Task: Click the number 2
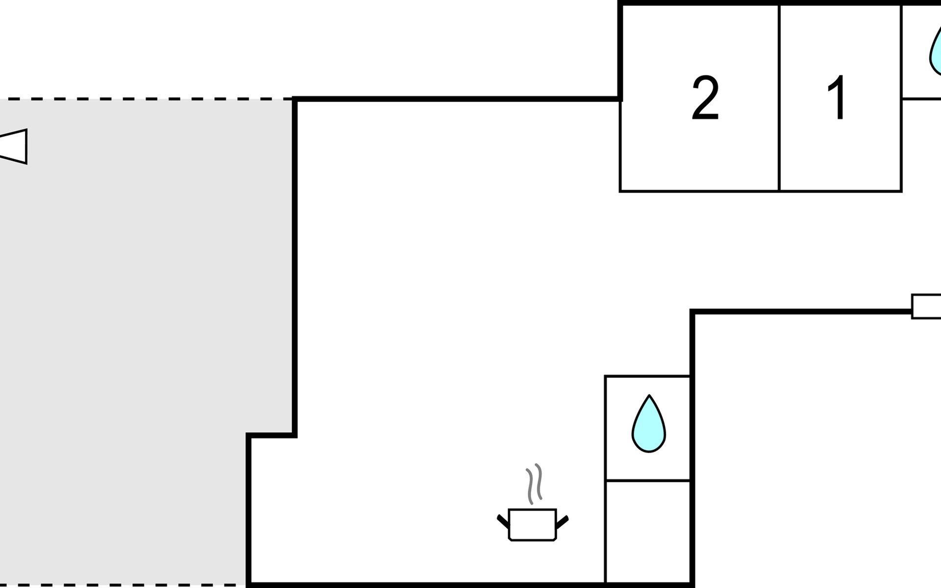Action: pos(705,98)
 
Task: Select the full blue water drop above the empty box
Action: pos(648,425)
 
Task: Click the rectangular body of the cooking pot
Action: pos(532,524)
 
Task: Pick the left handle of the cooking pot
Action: pos(503,521)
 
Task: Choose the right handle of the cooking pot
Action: pos(562,522)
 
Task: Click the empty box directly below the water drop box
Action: pos(648,532)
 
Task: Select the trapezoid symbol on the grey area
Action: pos(15,146)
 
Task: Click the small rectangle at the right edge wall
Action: pos(926,306)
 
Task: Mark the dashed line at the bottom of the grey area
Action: pos(123,585)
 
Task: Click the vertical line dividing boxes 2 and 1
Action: pos(779,98)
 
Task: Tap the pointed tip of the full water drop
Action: pos(649,396)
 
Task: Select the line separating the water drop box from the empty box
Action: pos(648,480)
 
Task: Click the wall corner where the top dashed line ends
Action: pos(295,99)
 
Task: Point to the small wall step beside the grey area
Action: pos(271,435)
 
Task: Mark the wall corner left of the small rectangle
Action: pos(693,312)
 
